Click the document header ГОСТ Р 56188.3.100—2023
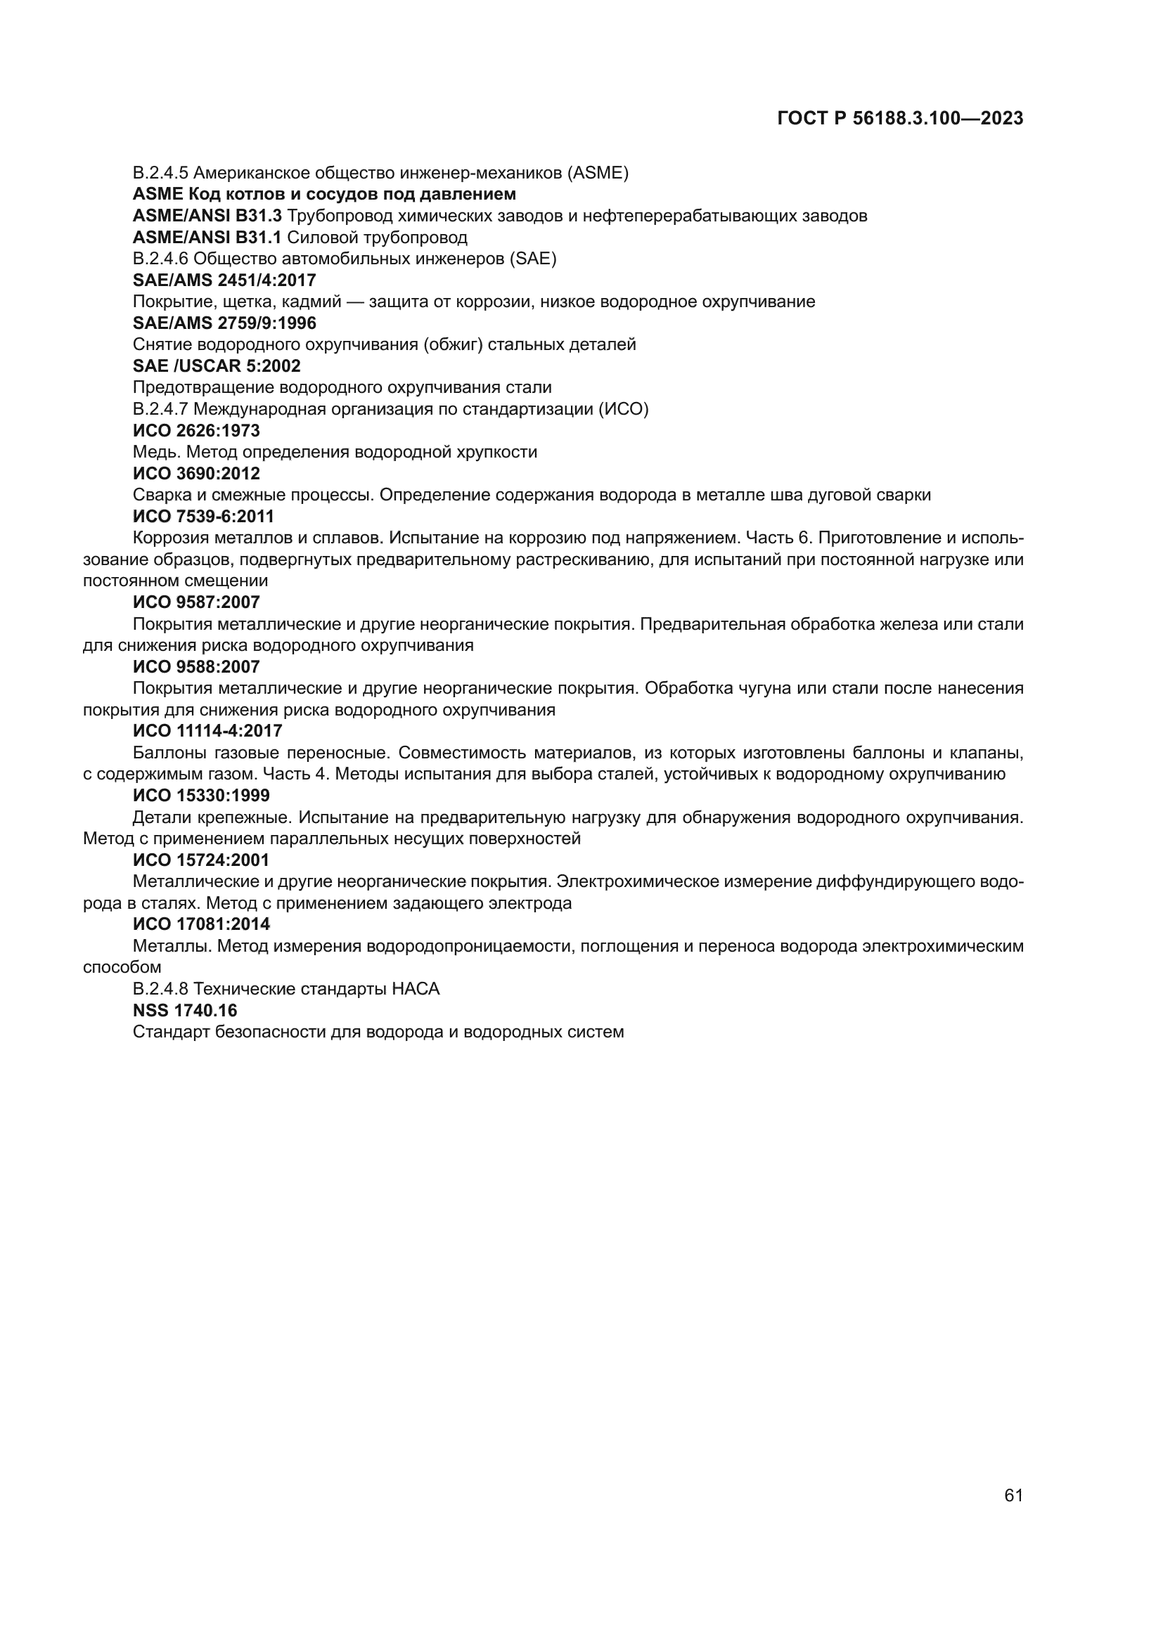tap(899, 119)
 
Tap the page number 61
tap(1013, 1495)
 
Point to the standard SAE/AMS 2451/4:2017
tap(224, 280)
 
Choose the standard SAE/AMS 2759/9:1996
tap(224, 323)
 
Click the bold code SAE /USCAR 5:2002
tap(217, 366)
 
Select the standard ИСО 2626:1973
tap(196, 430)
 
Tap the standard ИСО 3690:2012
tap(196, 473)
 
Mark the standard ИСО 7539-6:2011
tap(203, 517)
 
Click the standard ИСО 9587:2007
tap(196, 602)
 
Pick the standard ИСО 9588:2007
tap(196, 666)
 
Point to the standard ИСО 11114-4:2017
tap(207, 731)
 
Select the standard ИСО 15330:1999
tap(200, 796)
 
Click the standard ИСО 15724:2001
tap(200, 860)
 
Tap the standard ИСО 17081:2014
tap(200, 924)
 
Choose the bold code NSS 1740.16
tap(185, 1010)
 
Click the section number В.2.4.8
tap(160, 989)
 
